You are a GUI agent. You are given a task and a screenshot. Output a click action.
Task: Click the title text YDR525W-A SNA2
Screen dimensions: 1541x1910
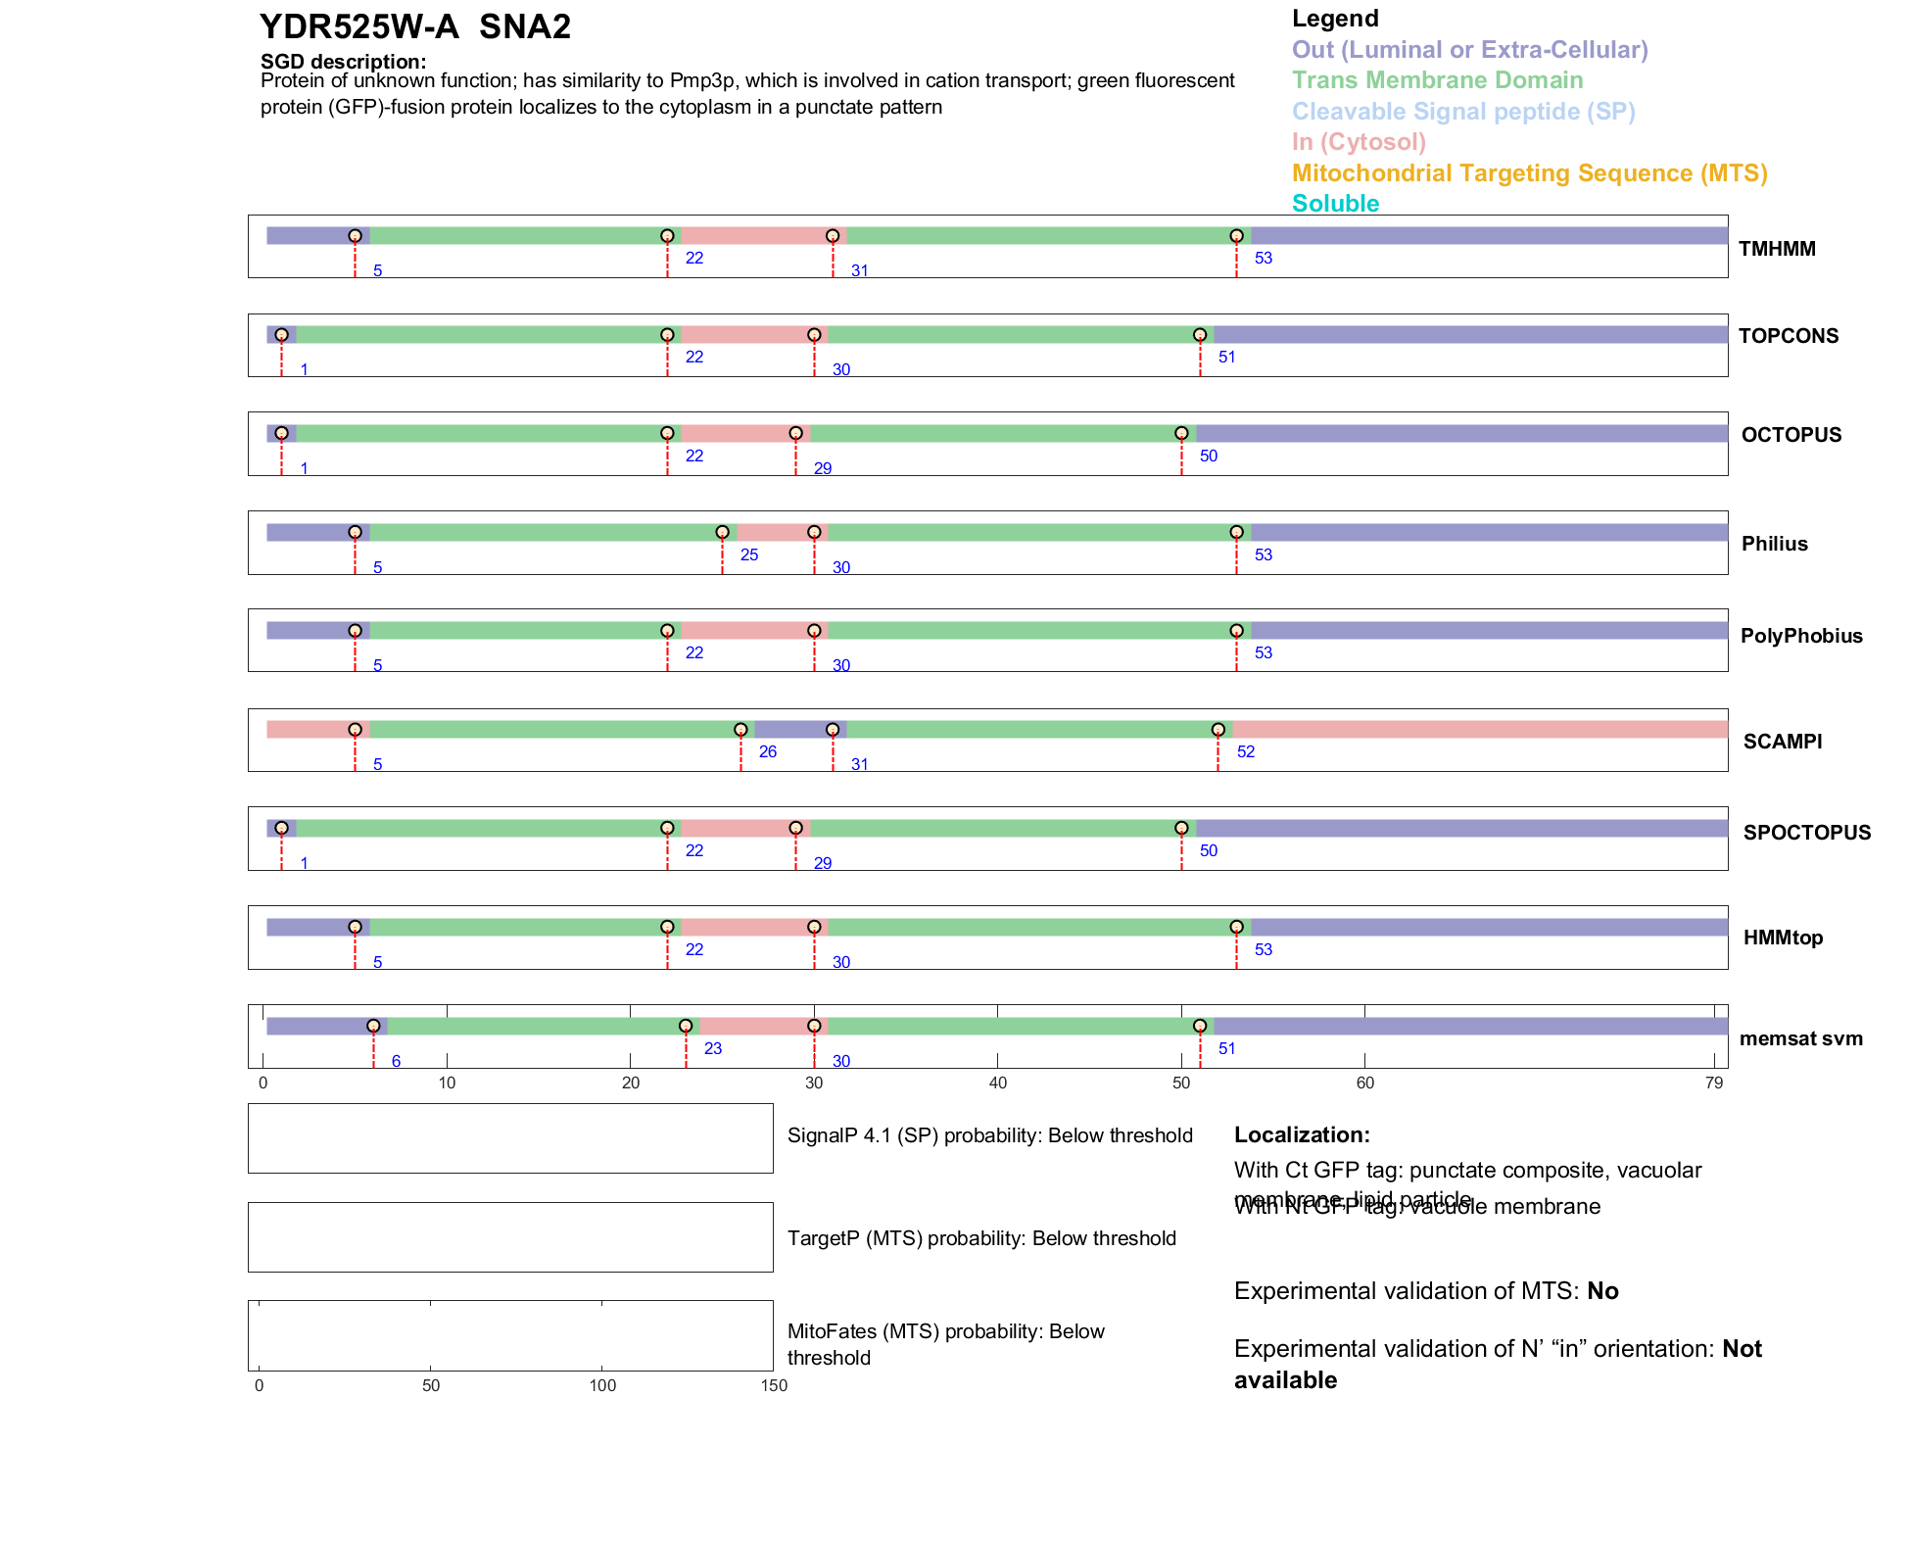pyautogui.click(x=414, y=26)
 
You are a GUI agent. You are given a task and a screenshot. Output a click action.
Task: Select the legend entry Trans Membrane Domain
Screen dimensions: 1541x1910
pyautogui.click(x=1437, y=80)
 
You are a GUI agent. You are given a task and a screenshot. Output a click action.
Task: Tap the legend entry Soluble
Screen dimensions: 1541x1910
pyautogui.click(x=1335, y=204)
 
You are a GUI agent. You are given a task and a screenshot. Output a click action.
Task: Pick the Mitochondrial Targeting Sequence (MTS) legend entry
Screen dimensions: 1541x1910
pyautogui.click(x=1529, y=173)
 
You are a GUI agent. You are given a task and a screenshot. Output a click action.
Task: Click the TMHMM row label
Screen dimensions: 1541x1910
pyautogui.click(x=1777, y=249)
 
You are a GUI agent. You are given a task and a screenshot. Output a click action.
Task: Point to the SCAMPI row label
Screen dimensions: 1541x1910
pyautogui.click(x=1782, y=742)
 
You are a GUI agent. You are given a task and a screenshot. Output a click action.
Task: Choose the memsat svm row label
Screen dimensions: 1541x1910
pyautogui.click(x=1800, y=1038)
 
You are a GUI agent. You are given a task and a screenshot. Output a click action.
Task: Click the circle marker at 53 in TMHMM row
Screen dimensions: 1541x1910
pyautogui.click(x=1236, y=236)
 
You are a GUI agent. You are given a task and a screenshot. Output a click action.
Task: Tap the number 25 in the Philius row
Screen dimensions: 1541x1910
pyautogui.click(x=749, y=555)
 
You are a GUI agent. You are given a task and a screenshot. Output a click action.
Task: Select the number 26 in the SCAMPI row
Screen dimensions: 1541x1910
pyautogui.click(x=768, y=752)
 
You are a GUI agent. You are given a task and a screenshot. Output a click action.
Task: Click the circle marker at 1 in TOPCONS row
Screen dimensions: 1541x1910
pyautogui.click(x=281, y=335)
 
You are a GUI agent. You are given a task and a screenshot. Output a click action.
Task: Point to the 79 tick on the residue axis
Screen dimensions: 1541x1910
pyautogui.click(x=1713, y=1083)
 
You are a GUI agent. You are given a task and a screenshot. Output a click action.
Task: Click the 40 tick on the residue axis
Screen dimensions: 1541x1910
pyautogui.click(x=997, y=1083)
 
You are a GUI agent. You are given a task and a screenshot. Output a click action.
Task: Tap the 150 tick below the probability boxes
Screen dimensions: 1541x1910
pyautogui.click(x=774, y=1385)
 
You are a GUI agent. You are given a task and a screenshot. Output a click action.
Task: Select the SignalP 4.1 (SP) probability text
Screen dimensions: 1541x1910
pyautogui.click(x=989, y=1135)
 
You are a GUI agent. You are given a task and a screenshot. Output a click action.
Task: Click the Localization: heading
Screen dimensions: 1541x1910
pyautogui.click(x=1302, y=1135)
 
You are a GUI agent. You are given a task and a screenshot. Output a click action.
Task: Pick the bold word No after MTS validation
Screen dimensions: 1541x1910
pyautogui.click(x=1602, y=1291)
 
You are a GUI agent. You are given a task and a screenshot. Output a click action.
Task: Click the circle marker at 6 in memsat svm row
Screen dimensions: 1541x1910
pyautogui.click(x=373, y=1026)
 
